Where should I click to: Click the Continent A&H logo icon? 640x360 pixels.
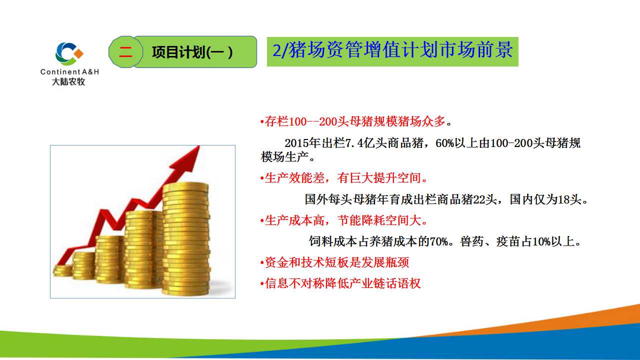[x=69, y=53]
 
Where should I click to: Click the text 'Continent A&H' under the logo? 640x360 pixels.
[x=69, y=71]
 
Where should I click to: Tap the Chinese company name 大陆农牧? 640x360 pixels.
[x=68, y=81]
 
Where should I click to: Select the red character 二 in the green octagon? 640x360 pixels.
[x=125, y=52]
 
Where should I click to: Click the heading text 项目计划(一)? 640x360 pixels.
[x=192, y=52]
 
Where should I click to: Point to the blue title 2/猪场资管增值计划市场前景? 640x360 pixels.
[x=392, y=50]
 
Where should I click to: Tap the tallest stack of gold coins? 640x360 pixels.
[x=186, y=239]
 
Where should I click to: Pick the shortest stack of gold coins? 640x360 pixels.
[x=62, y=270]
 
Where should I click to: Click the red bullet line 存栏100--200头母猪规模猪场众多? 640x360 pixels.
[x=355, y=121]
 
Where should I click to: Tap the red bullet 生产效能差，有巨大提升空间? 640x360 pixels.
[x=343, y=178]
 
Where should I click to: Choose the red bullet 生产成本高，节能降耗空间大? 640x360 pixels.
[x=343, y=220]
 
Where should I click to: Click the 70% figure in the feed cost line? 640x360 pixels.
[x=439, y=241]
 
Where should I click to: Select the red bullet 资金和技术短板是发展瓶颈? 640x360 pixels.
[x=334, y=262]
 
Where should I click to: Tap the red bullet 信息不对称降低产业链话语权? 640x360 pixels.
[x=340, y=283]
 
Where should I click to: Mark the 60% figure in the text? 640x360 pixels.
[x=444, y=143]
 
